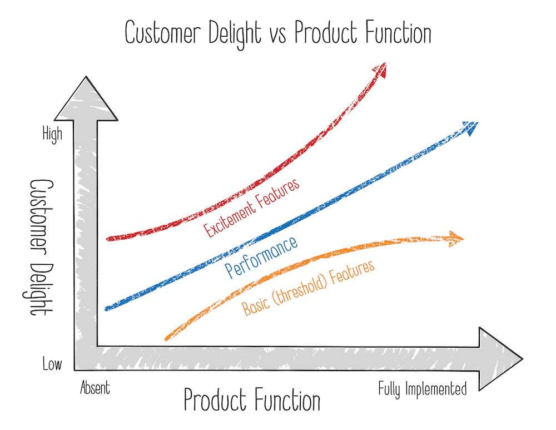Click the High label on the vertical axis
pyautogui.click(x=52, y=135)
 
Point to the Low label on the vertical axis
pyautogui.click(x=52, y=365)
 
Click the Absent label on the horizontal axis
pyautogui.click(x=95, y=387)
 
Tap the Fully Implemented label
pyautogui.click(x=423, y=389)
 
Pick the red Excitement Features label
pyautogui.click(x=252, y=207)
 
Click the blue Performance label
pyautogui.click(x=261, y=258)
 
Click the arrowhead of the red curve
pyautogui.click(x=380, y=69)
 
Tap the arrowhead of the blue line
pyautogui.click(x=470, y=127)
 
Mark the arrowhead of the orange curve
pyautogui.click(x=456, y=239)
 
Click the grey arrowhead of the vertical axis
pyautogui.click(x=86, y=100)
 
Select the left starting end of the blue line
pyautogui.click(x=107, y=308)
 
